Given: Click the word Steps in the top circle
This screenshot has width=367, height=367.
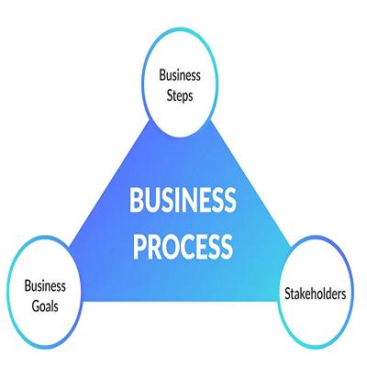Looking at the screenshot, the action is pyautogui.click(x=180, y=96).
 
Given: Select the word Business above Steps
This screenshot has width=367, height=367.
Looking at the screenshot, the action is pyautogui.click(x=180, y=75).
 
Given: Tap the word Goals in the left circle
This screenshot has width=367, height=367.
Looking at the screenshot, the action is pyautogui.click(x=45, y=306).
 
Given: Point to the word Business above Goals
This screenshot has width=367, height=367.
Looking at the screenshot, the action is pyautogui.click(x=45, y=286).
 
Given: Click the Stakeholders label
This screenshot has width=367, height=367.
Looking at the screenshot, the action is pyautogui.click(x=316, y=294).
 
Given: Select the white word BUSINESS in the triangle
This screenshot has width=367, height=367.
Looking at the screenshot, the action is pyautogui.click(x=183, y=200).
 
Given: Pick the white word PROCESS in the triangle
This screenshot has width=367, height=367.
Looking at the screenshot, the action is pyautogui.click(x=183, y=247).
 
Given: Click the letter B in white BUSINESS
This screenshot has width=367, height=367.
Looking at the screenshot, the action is pyautogui.click(x=138, y=200).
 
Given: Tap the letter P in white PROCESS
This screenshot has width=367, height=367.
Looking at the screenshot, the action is pyautogui.click(x=140, y=247).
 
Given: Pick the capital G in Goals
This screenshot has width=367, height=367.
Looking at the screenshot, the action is pyautogui.click(x=36, y=306).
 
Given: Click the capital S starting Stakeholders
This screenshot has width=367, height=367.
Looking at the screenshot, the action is pyautogui.click(x=288, y=294).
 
